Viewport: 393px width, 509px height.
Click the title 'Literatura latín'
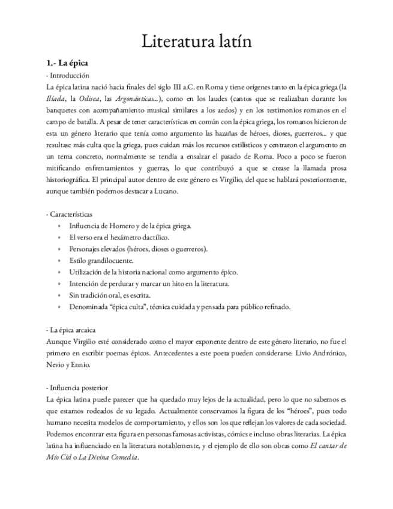pos(196,41)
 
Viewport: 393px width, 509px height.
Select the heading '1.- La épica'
pos(68,63)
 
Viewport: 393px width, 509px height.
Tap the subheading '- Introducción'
pos(67,76)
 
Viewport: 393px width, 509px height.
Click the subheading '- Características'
pos(69,214)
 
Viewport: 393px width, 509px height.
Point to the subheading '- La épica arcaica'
pos(70,330)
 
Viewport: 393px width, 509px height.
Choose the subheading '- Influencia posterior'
pos(77,388)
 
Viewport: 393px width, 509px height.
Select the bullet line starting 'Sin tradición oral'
pos(110,295)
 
